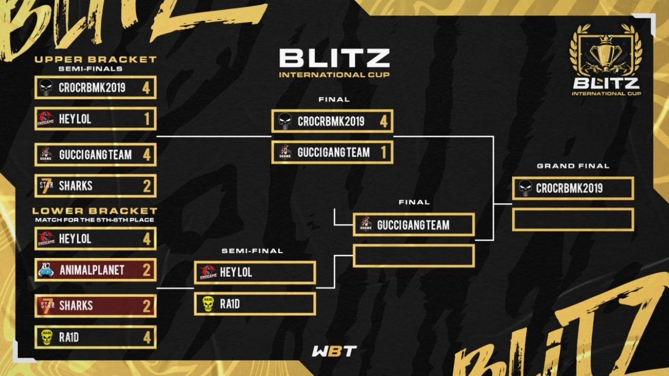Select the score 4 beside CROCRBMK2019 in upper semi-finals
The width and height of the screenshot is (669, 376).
pos(146,88)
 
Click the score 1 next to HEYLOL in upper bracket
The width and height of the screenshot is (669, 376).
pos(147,119)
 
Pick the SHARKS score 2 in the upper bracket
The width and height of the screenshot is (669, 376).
pos(147,186)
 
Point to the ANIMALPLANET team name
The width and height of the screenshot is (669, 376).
pos(91,270)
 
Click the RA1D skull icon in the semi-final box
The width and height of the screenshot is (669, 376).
pos(208,304)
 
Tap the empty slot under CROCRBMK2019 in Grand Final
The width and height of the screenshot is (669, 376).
pos(573,220)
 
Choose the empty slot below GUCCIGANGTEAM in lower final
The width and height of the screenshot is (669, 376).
pos(413,256)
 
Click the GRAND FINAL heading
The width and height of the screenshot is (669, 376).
pos(573,166)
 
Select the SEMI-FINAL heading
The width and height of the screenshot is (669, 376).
pos(252,251)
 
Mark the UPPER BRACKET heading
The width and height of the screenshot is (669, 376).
pos(95,60)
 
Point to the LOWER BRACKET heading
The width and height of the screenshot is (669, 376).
pos(95,211)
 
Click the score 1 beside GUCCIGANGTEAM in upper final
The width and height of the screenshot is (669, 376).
pos(383,152)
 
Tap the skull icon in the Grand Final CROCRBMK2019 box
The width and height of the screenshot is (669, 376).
pos(525,189)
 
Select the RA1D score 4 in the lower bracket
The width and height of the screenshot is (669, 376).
pos(147,337)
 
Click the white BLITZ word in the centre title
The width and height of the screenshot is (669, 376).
pos(334,58)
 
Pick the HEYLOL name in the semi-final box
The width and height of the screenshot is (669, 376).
pos(236,273)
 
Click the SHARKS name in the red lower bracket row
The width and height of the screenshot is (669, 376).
pos(75,305)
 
